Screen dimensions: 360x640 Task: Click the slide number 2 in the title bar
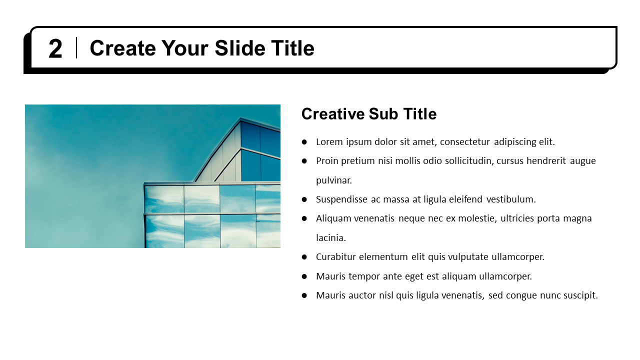pos(55,49)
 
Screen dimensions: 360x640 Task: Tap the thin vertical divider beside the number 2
pos(76,48)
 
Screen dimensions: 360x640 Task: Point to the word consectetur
pos(465,142)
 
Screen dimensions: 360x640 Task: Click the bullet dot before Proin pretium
pos(304,161)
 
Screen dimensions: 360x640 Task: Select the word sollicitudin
pos(465,161)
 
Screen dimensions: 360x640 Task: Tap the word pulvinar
pos(334,180)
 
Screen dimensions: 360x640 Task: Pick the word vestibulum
pos(511,199)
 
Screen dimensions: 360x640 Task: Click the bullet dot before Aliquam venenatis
pos(304,218)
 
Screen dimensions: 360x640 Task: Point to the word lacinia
pos(330,238)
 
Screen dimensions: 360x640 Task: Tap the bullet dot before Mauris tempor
pos(304,276)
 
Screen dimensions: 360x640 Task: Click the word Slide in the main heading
pos(242,48)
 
